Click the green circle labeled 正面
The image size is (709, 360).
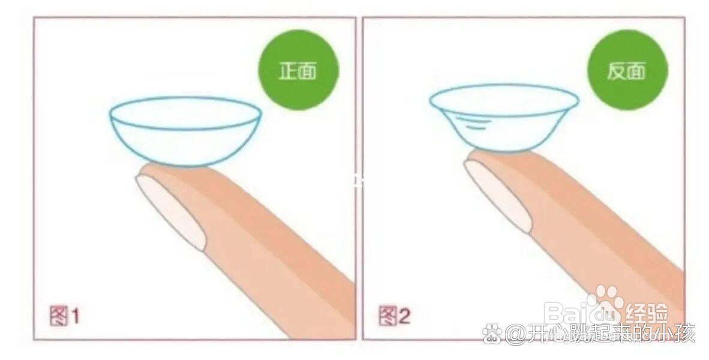click(298, 70)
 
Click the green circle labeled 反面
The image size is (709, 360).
click(627, 70)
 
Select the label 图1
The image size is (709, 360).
click(64, 315)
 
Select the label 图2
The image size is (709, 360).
click(394, 315)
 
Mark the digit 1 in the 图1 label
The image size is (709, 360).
click(74, 316)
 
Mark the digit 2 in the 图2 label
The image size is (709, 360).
click(404, 316)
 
